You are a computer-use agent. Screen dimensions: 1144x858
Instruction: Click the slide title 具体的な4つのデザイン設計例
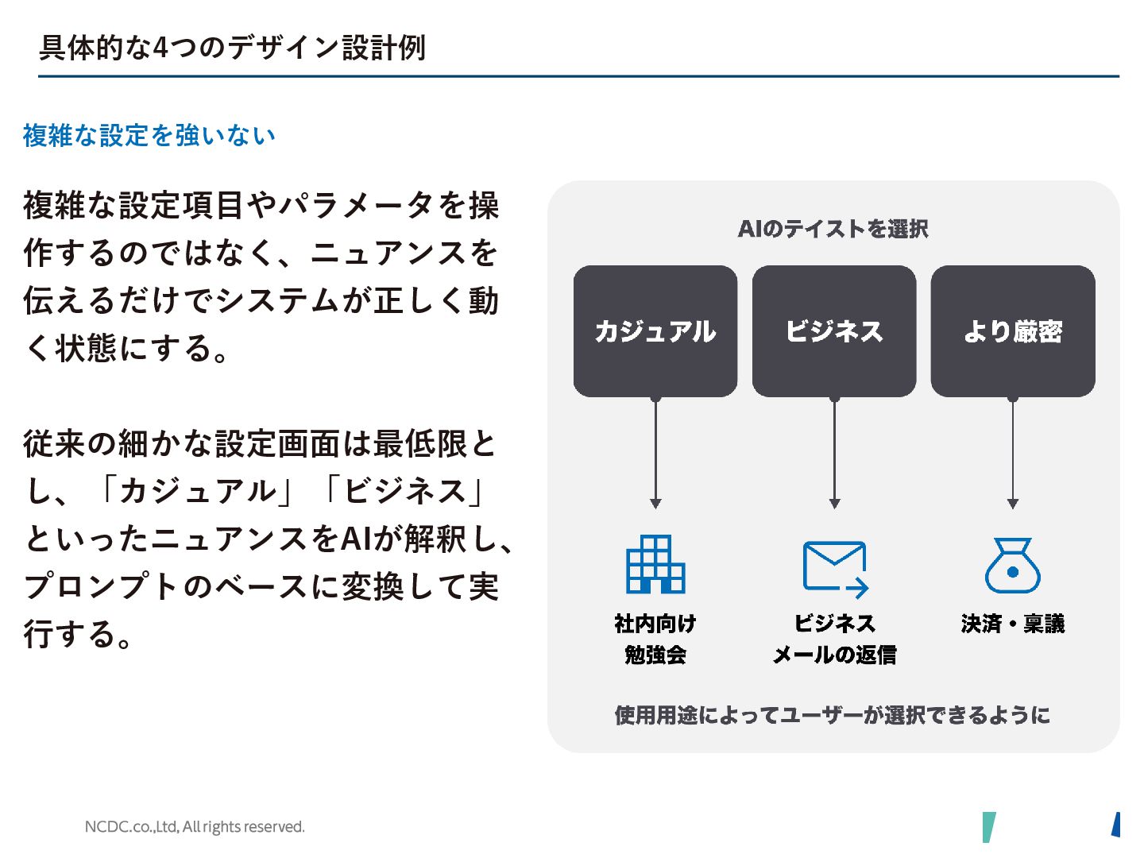pos(232,48)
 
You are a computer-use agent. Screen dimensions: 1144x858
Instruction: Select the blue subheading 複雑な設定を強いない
pos(149,136)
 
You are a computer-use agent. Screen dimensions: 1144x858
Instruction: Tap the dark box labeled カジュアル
pos(655,331)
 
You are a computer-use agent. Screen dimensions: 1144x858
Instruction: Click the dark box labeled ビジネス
pos(834,331)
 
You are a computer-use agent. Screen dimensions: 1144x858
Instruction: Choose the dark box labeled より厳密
pos(1013,331)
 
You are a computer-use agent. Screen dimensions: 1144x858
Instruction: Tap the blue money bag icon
pos(1012,566)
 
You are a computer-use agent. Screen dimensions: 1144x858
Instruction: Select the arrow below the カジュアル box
pos(655,453)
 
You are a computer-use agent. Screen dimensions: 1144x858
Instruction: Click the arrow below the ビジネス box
pos(834,453)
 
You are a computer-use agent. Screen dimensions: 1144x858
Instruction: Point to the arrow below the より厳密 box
pos(1013,453)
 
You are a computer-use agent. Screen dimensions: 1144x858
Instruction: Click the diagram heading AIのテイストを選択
pos(833,229)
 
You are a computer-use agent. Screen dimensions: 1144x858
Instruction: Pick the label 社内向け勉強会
pos(655,639)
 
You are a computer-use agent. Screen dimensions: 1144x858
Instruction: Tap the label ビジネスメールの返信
pos(834,639)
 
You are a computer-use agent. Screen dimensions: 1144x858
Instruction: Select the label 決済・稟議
pos(1012,624)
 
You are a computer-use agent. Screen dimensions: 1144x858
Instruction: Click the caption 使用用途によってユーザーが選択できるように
pos(832,715)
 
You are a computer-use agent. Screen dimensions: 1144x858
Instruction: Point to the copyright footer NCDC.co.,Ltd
pos(195,827)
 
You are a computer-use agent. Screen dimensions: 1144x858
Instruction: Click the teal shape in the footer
pos(988,827)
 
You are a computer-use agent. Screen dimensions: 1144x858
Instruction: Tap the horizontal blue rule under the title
pos(578,76)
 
